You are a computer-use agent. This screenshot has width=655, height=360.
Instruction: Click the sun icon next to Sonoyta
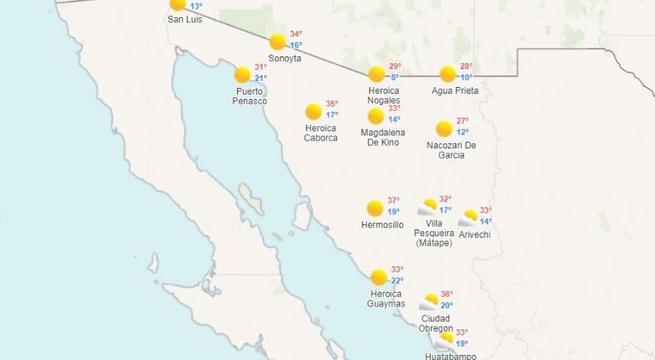pos(277,41)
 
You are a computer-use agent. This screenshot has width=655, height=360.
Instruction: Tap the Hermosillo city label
pos(382,224)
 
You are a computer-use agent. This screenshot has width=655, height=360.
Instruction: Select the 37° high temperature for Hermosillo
pos(393,200)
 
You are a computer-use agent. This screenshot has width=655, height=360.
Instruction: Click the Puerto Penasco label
pos(250,96)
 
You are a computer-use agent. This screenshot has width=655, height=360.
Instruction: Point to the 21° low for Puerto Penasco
pos(261,78)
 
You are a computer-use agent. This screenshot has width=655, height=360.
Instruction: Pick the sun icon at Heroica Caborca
pos(314,112)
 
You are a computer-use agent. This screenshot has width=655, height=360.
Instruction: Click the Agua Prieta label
pos(455,90)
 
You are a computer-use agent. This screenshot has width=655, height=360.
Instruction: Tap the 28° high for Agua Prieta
pos(466,66)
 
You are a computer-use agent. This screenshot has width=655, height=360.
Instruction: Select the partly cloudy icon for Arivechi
pos(468,218)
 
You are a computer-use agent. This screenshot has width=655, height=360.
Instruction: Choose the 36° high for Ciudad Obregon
pos(446,294)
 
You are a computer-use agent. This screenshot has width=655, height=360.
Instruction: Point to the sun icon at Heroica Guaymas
pos(379,277)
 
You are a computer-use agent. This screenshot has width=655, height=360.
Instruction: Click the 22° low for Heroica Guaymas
pos(397,281)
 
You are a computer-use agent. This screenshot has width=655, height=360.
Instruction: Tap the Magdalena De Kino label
pos(382,137)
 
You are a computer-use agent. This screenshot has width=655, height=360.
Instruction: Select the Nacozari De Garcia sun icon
pos(443,129)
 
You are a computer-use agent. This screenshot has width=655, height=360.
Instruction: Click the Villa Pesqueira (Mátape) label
pos(432,233)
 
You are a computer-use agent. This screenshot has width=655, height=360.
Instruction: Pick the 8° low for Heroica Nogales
pos(395,77)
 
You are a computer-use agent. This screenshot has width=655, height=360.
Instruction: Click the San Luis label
pos(185,19)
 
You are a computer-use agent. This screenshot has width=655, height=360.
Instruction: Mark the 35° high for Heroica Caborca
pos(332,104)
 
